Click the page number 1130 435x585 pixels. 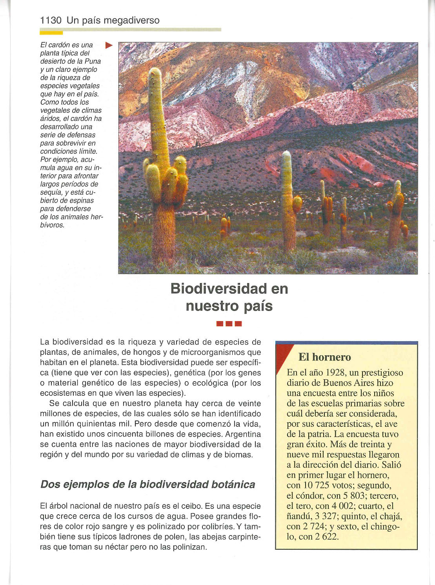coord(51,20)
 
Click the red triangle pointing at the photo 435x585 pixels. coord(109,46)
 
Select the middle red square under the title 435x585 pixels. coord(229,324)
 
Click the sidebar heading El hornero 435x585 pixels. coord(324,357)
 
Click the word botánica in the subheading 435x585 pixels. coord(233,484)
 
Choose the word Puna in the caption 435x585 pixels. coord(93,61)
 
